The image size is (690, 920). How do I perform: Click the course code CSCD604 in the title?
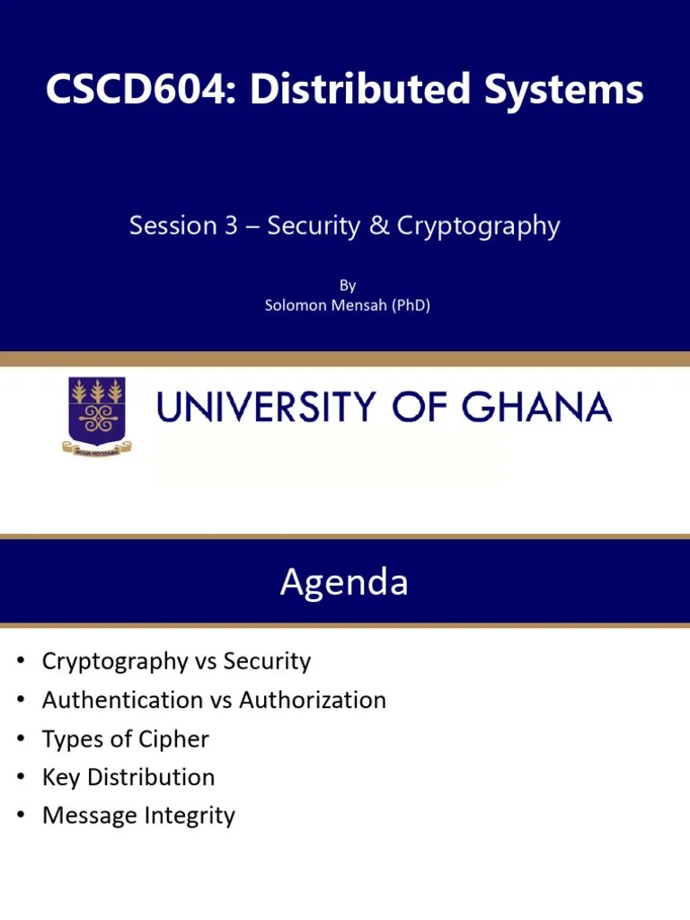[x=143, y=91]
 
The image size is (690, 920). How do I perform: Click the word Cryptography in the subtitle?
[x=478, y=226]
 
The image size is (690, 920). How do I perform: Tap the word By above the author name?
[x=348, y=286]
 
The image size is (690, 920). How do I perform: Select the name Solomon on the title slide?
[x=295, y=305]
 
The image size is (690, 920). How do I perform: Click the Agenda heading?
[x=344, y=582]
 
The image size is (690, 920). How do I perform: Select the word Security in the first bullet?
[x=267, y=662]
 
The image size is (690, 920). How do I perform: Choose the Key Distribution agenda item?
[x=128, y=777]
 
